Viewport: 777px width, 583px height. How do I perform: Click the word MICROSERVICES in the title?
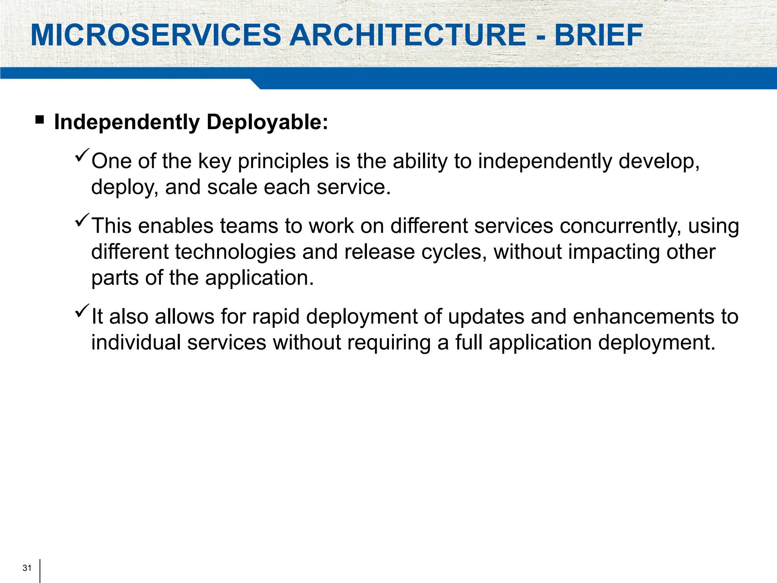pyautogui.click(x=156, y=35)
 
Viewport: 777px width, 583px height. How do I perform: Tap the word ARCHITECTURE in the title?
pyautogui.click(x=408, y=35)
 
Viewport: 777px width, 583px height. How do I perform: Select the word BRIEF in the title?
pyautogui.click(x=599, y=35)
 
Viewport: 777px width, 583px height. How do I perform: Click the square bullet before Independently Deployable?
pyautogui.click(x=39, y=120)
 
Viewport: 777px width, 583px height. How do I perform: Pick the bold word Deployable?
pyautogui.click(x=267, y=123)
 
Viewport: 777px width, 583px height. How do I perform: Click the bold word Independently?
pyautogui.click(x=127, y=123)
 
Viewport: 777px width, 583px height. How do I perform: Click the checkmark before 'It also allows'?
pyautogui.click(x=82, y=311)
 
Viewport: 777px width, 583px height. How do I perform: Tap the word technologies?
pyautogui.click(x=235, y=252)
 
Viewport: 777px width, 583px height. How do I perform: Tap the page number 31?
pyautogui.click(x=27, y=568)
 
